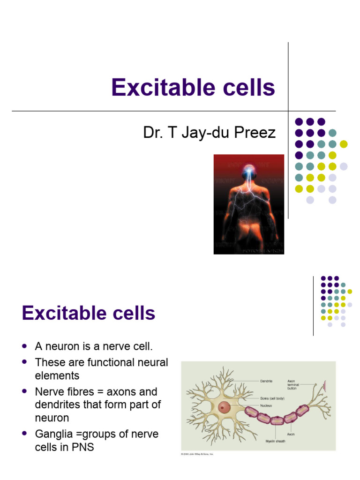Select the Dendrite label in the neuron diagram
(266, 382)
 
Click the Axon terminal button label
(293, 384)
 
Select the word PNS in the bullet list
(83, 447)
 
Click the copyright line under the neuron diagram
(197, 454)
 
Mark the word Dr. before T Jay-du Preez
(153, 133)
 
